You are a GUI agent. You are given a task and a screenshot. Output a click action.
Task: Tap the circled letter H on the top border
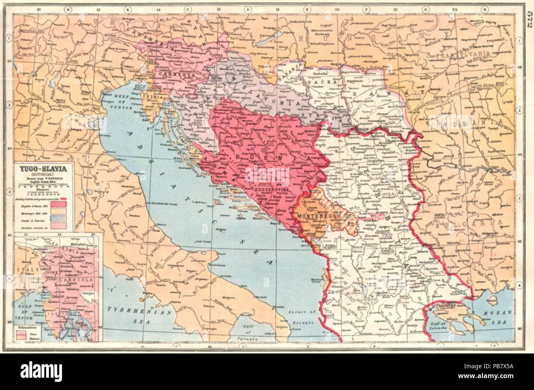[x=485, y=9]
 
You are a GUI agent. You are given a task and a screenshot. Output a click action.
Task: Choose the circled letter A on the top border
[x=68, y=9]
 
